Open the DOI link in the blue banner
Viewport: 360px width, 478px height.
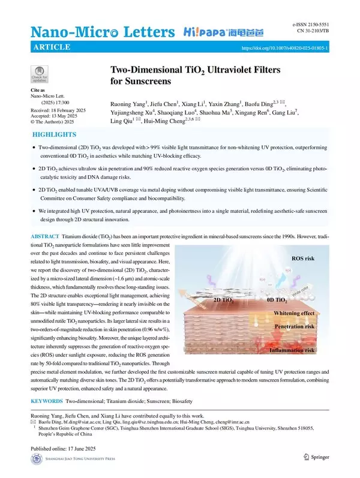(284, 48)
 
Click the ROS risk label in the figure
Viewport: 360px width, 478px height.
(305, 259)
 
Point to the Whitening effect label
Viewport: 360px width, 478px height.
(294, 314)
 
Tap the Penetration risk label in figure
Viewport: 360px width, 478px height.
(295, 327)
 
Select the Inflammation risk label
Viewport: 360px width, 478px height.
(292, 350)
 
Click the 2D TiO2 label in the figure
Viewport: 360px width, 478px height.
(224, 298)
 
